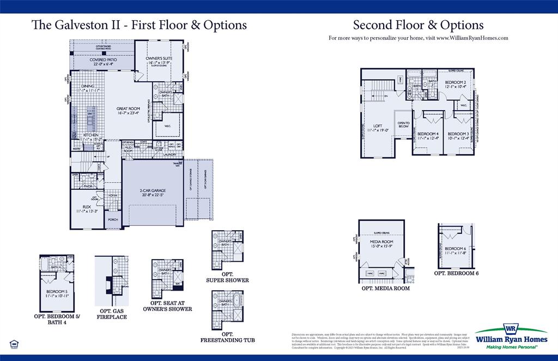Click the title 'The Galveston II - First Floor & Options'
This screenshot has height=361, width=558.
[x=139, y=25]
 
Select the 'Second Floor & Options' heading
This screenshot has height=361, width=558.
[x=418, y=25]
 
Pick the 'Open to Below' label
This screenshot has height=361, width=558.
[x=403, y=125]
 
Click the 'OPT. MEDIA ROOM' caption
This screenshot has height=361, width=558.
[x=385, y=288]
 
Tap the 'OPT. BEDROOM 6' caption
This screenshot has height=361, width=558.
[x=456, y=273]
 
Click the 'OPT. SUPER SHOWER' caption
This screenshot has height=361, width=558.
[x=227, y=277]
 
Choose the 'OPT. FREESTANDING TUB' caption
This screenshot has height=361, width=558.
[x=227, y=337]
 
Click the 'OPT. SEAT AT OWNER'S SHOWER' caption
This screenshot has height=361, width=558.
[x=171, y=306]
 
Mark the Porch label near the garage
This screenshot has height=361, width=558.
[x=113, y=220]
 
